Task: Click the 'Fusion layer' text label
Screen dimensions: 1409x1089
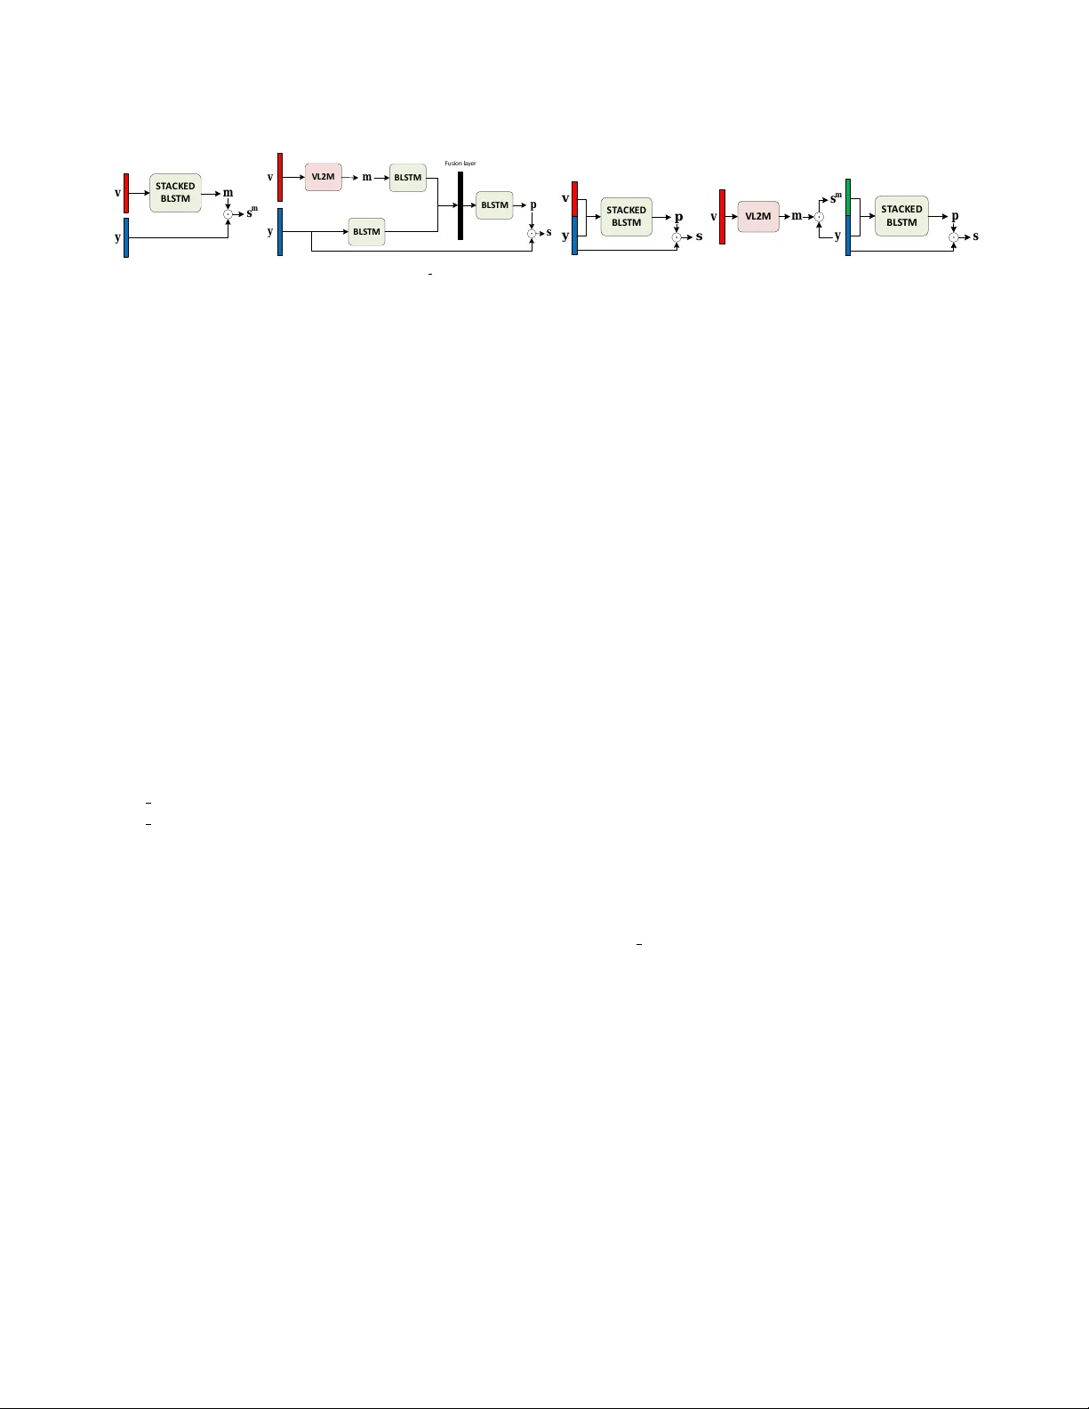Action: tap(460, 164)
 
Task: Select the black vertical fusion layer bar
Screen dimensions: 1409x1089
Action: tap(460, 205)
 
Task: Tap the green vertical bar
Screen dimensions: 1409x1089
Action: tap(848, 197)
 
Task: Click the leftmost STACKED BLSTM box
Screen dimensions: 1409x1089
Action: tap(175, 193)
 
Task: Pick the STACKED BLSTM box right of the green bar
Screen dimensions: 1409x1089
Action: tap(901, 216)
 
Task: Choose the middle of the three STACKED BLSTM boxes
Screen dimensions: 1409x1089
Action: tap(627, 217)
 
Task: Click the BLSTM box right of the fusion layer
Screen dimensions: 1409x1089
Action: tap(494, 205)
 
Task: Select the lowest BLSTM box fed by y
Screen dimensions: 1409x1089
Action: tap(366, 232)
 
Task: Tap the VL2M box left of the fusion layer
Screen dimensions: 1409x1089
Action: tap(324, 177)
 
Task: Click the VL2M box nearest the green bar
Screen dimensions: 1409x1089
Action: tap(758, 216)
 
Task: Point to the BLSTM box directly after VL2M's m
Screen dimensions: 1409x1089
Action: tap(408, 178)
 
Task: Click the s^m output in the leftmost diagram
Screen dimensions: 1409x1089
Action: tap(252, 212)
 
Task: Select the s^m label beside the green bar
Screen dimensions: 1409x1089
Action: tap(836, 197)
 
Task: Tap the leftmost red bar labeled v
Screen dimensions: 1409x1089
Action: tap(126, 193)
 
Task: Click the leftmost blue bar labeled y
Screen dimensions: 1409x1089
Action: tap(126, 237)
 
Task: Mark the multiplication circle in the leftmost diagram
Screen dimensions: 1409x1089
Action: tap(228, 214)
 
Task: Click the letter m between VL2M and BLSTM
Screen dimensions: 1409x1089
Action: tap(367, 178)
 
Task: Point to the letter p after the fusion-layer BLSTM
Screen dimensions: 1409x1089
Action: tap(533, 205)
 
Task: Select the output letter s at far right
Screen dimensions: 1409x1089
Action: tap(976, 236)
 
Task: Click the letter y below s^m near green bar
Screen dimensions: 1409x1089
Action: tap(837, 236)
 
